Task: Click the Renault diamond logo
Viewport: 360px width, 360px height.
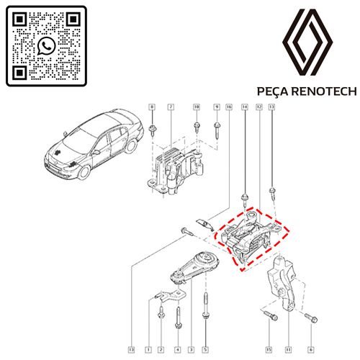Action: click(x=307, y=42)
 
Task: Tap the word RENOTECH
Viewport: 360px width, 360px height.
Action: click(x=325, y=91)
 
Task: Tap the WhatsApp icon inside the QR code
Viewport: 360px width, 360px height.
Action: click(x=46, y=46)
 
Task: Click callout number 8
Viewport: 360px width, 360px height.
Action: click(x=152, y=107)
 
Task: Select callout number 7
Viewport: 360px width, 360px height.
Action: click(x=171, y=107)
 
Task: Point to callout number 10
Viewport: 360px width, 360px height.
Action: click(x=197, y=107)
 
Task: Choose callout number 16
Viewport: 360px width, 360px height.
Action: click(x=229, y=107)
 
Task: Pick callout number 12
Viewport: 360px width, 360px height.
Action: click(x=259, y=107)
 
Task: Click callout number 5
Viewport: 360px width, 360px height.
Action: click(x=205, y=350)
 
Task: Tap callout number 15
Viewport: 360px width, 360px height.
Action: click(x=269, y=350)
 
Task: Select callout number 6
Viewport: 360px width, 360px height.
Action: click(x=311, y=350)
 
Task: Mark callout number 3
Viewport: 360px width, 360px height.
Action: click(x=192, y=350)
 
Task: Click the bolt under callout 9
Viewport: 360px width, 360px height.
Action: click(x=218, y=130)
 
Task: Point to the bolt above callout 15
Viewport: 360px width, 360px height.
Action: click(x=271, y=315)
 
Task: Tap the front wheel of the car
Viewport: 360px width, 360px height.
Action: click(x=84, y=172)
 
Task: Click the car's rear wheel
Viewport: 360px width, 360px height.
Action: click(x=131, y=146)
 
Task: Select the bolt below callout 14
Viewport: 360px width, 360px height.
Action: click(x=245, y=200)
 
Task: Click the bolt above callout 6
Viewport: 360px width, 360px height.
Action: click(x=311, y=318)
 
